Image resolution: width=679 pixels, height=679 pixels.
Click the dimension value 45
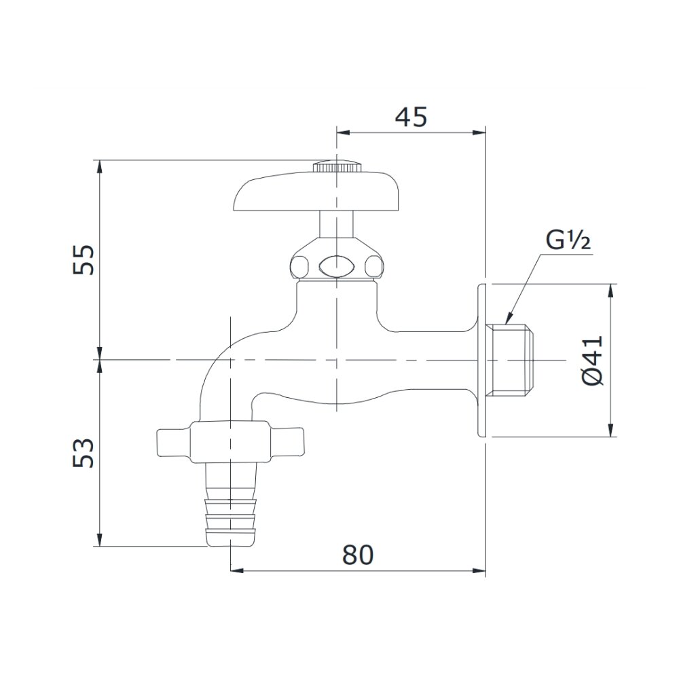pos(411,117)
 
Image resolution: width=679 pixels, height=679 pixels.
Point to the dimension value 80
pos(358,555)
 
